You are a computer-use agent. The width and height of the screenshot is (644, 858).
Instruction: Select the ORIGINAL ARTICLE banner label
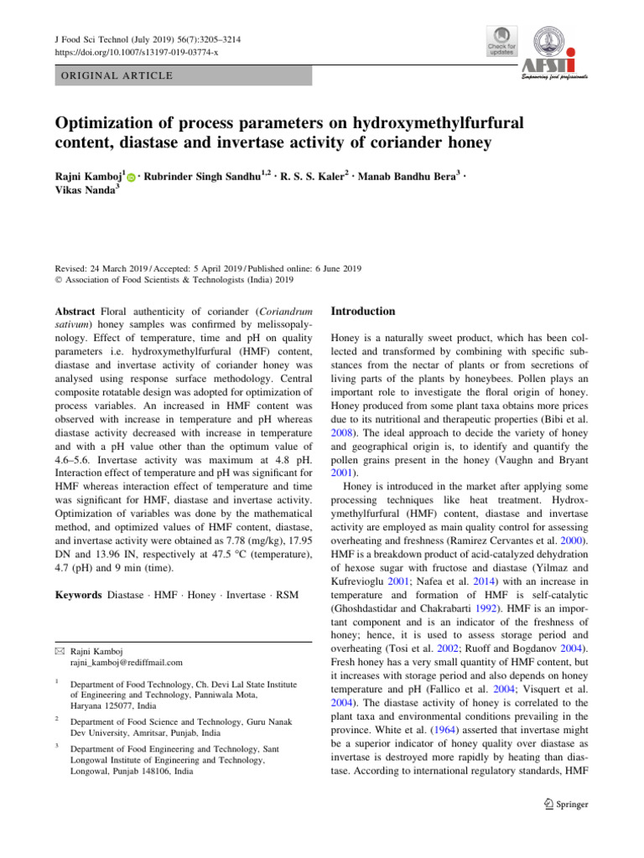point(114,76)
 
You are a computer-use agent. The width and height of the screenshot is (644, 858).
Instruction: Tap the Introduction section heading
point(363,312)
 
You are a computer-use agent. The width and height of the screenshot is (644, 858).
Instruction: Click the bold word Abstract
point(75,312)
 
